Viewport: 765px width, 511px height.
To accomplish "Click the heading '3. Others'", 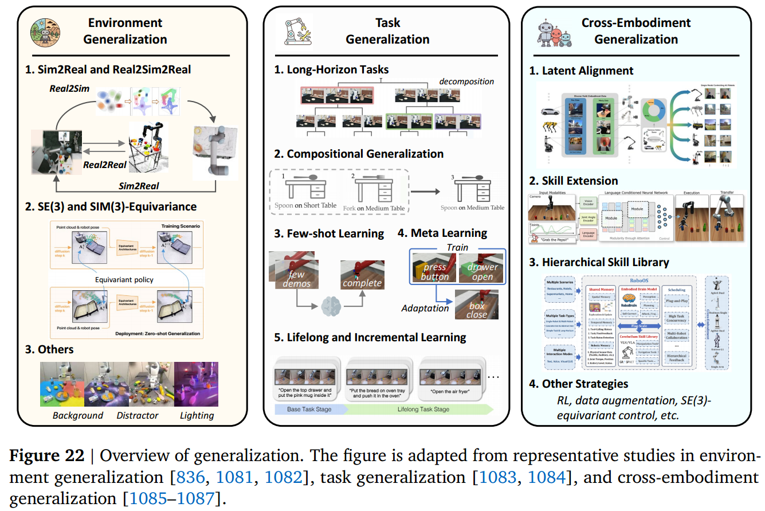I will click(x=49, y=349).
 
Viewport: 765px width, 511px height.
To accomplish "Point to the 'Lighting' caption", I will click(x=197, y=415).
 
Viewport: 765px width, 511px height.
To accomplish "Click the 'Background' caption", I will click(x=78, y=415).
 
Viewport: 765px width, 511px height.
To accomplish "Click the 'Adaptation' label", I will click(x=426, y=308).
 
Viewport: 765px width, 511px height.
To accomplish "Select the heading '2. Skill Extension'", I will click(x=580, y=181).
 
